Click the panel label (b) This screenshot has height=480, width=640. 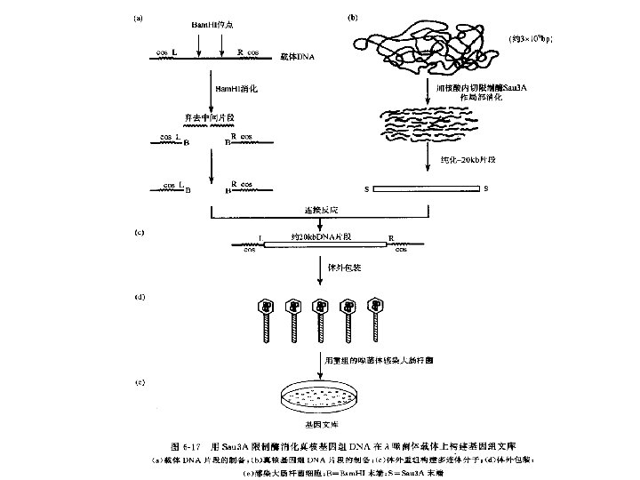click(x=352, y=16)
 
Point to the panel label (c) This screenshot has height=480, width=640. click(x=139, y=233)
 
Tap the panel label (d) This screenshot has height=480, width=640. click(x=139, y=296)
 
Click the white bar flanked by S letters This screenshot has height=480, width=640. click(x=428, y=189)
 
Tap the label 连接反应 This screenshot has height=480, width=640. click(x=321, y=211)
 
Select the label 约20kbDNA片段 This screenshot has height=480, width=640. click(x=322, y=236)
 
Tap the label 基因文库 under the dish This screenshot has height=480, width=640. click(x=321, y=426)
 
